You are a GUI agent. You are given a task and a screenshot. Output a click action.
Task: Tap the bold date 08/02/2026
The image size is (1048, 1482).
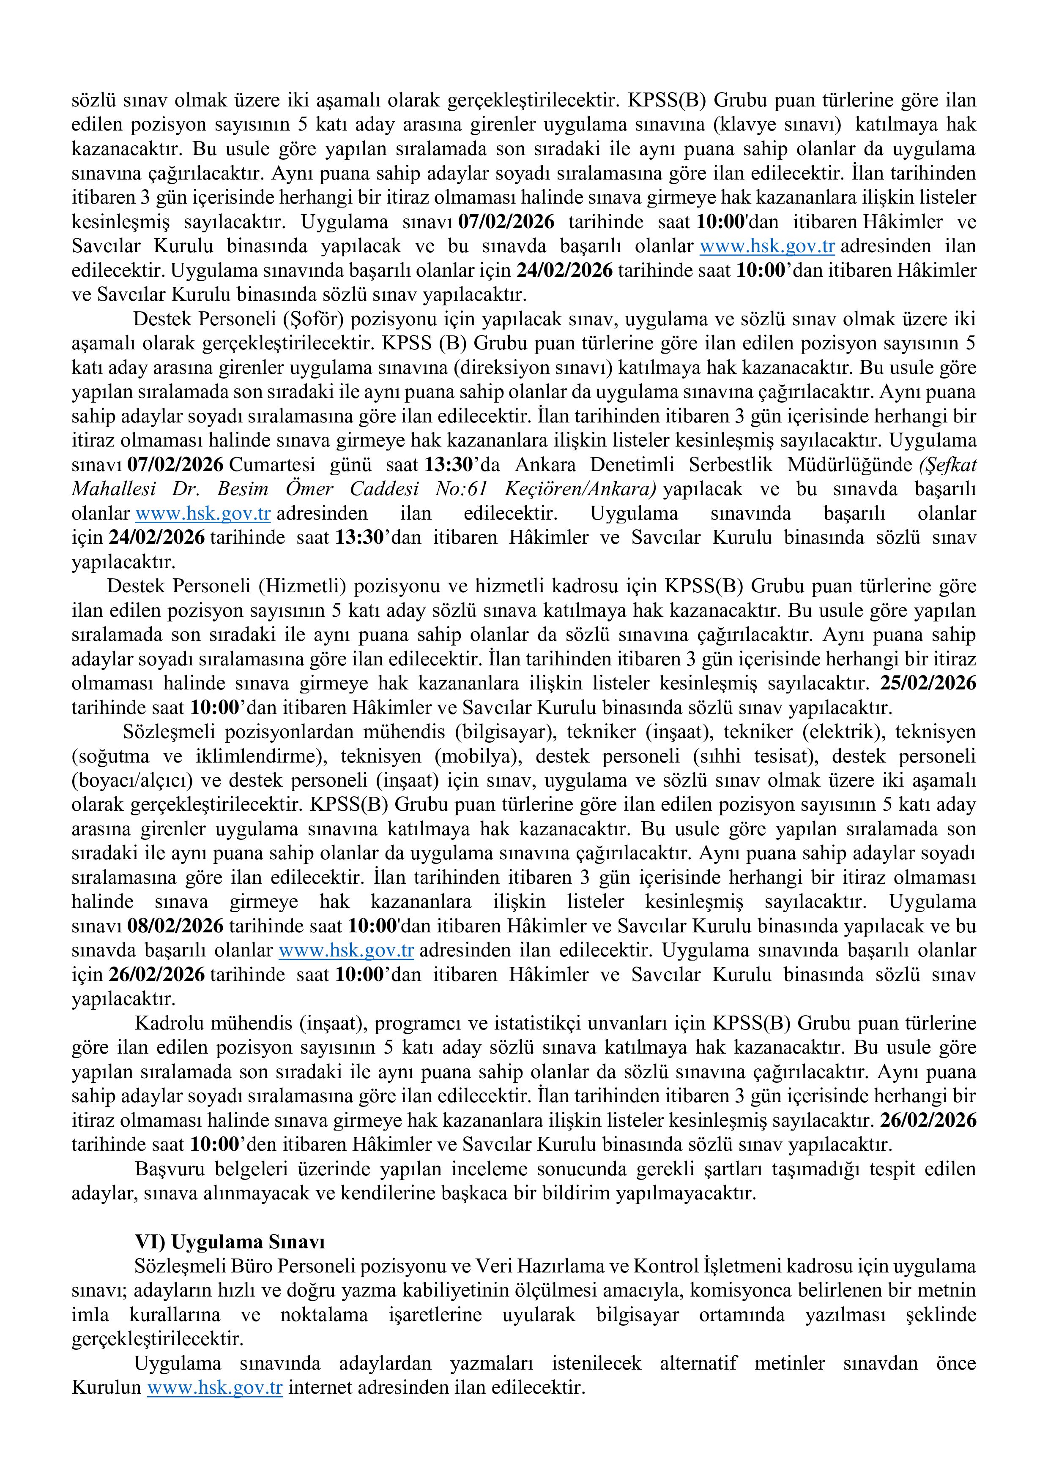click(x=175, y=926)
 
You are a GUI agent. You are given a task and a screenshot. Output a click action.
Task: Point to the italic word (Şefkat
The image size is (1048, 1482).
click(x=947, y=465)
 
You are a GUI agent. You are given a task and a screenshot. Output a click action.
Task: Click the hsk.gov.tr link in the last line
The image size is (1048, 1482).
click(x=215, y=1388)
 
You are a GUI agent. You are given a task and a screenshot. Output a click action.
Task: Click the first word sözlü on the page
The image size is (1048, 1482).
click(x=90, y=101)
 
